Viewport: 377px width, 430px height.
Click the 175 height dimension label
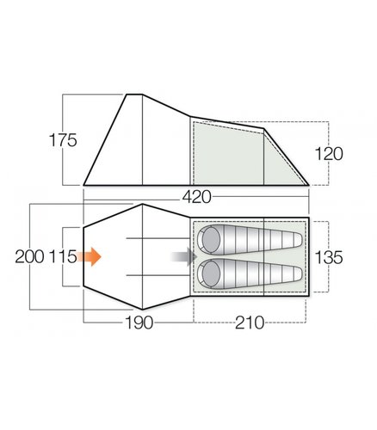coord(63,140)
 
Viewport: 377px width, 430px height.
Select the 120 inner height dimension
coord(329,154)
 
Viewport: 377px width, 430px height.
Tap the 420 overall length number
coord(197,197)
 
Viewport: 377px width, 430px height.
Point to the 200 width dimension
coord(29,256)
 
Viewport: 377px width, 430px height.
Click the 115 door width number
coord(63,256)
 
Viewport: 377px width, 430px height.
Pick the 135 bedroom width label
coord(329,257)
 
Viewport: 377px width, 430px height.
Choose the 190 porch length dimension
coord(139,322)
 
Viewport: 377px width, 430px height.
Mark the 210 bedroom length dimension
coord(250,322)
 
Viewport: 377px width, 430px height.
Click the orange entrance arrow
coord(89,256)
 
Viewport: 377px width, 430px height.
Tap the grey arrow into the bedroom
coord(183,256)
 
